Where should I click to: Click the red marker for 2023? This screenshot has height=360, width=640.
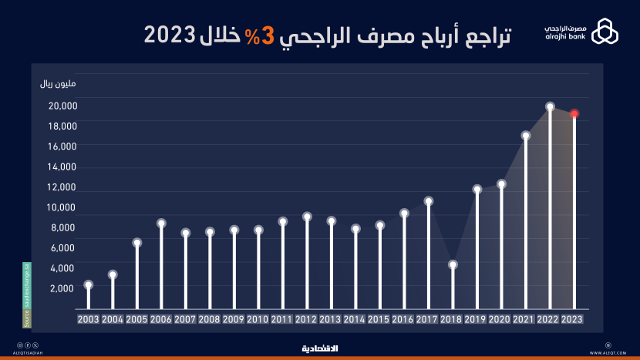tap(574, 113)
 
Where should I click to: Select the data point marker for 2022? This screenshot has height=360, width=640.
tap(550, 106)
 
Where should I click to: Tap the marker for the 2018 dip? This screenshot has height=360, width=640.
tap(453, 264)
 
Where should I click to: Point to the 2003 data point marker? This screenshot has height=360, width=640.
tap(89, 284)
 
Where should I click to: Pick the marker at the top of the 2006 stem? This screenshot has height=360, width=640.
tap(161, 224)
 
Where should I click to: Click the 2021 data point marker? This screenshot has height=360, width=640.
tap(526, 136)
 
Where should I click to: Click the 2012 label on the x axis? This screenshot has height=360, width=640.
tap(307, 319)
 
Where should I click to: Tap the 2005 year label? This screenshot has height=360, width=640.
tap(136, 319)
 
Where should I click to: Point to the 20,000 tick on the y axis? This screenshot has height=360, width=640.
tap(59, 106)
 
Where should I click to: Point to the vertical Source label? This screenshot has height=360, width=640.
tap(26, 295)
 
